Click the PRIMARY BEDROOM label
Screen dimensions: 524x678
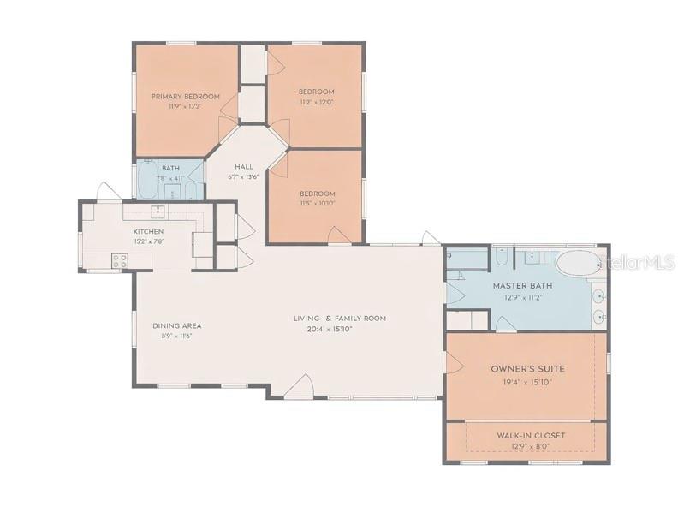(x=186, y=97)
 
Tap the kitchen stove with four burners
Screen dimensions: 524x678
(x=120, y=261)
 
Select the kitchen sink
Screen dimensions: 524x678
(x=158, y=211)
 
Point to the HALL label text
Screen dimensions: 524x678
(x=244, y=168)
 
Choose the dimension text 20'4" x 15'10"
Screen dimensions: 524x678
(x=340, y=328)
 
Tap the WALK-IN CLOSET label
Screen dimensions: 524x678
(x=531, y=436)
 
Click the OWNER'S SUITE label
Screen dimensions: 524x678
(x=528, y=369)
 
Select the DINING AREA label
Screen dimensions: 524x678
(x=177, y=325)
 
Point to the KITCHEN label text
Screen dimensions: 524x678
(x=148, y=232)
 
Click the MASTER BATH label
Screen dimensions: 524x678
(x=522, y=286)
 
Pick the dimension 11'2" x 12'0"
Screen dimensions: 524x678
(x=316, y=102)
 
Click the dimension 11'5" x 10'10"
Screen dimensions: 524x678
(x=318, y=204)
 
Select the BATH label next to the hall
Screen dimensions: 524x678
(x=170, y=169)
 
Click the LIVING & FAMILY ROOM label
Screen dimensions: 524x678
(x=340, y=318)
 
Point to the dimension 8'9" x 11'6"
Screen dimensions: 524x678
(x=176, y=336)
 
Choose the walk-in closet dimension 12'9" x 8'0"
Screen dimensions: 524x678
(x=531, y=446)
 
